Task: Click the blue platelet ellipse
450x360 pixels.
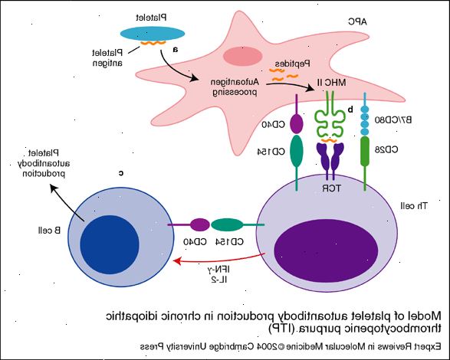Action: click(153, 34)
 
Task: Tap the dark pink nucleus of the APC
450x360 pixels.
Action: click(243, 56)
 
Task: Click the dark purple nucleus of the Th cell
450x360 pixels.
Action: click(326, 251)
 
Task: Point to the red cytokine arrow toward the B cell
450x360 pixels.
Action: click(218, 260)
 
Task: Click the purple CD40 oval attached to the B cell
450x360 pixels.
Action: click(200, 225)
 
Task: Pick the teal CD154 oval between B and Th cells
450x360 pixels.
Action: click(227, 225)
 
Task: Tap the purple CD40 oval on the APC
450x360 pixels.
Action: click(297, 123)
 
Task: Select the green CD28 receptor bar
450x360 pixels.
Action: click(365, 151)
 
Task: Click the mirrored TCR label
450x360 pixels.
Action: click(332, 188)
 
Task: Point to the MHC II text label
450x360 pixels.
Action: click(331, 83)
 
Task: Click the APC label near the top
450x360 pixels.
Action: click(357, 21)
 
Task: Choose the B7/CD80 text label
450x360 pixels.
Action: click(393, 119)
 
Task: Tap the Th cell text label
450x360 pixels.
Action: click(413, 205)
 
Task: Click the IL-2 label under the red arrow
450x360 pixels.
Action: click(219, 280)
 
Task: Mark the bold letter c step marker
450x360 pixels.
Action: click(121, 173)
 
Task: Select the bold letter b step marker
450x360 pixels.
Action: click(350, 109)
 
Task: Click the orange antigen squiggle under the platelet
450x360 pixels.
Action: click(153, 44)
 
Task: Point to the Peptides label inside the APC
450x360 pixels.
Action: click(292, 63)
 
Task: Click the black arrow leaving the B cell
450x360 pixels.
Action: click(67, 202)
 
